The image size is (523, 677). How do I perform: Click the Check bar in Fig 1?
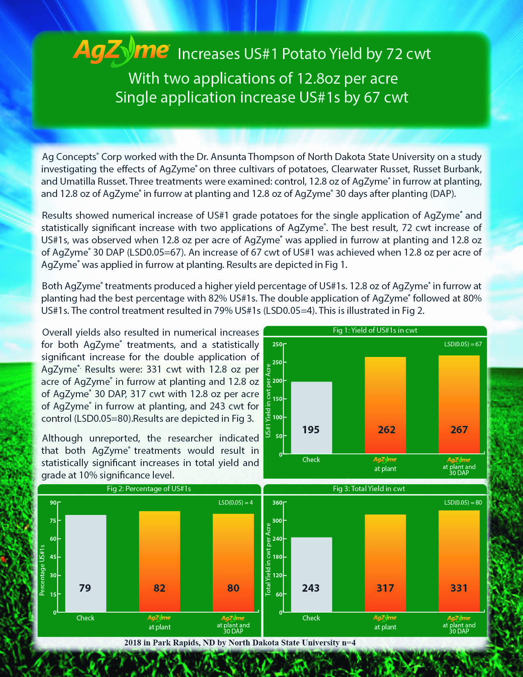click(x=311, y=417)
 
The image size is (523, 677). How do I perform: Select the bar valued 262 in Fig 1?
click(x=385, y=405)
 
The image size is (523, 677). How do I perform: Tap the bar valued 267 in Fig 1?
click(x=459, y=404)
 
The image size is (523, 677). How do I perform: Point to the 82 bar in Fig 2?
click(x=160, y=561)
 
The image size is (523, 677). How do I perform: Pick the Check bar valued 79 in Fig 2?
click(x=86, y=563)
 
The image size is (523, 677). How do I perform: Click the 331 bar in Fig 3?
click(x=459, y=561)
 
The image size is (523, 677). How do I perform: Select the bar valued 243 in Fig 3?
click(x=311, y=574)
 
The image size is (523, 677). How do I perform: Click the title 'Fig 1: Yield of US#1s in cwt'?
click(x=375, y=330)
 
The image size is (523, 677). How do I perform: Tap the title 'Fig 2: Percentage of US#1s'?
click(x=149, y=489)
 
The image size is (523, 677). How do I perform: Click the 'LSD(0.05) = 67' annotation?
click(x=463, y=344)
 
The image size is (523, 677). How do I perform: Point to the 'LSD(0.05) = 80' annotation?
click(x=463, y=502)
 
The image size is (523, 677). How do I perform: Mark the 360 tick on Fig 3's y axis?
click(x=277, y=503)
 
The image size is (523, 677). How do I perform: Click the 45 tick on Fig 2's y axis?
click(x=53, y=557)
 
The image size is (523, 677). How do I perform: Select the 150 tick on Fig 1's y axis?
click(x=277, y=399)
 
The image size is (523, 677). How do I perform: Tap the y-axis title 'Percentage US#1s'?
click(x=42, y=570)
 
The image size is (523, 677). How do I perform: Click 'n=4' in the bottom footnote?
click(x=348, y=643)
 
